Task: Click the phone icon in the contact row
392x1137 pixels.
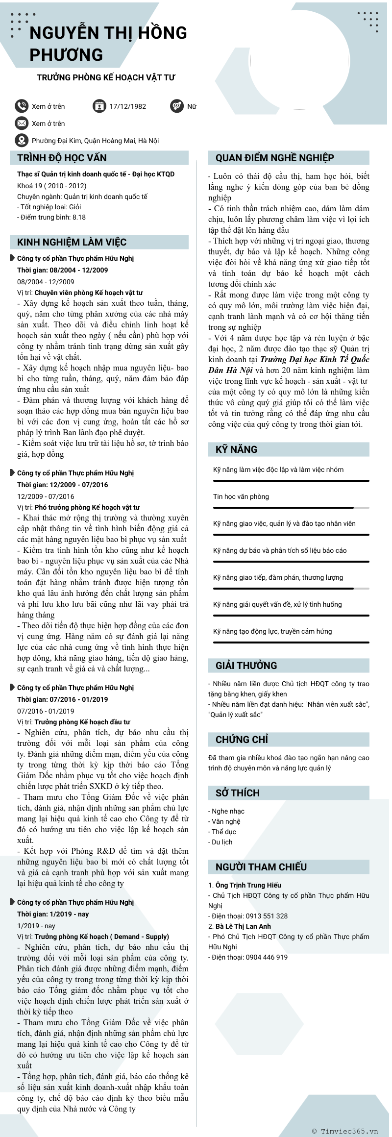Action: pos(22,106)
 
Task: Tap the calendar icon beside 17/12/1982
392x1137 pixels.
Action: pos(99,106)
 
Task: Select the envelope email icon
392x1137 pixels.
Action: pos(22,123)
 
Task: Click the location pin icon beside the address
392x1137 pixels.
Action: pos(22,141)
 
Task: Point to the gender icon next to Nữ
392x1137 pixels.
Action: pos(177,106)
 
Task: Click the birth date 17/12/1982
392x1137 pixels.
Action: pos(127,106)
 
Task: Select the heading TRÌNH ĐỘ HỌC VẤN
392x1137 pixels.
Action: pos(62,158)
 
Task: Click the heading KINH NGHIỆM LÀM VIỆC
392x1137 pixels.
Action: pos(72,242)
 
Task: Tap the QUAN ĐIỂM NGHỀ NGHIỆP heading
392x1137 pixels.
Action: pos(274,158)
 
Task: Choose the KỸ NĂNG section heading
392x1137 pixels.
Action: pos(236,449)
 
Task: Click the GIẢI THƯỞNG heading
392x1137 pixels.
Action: pos(246,666)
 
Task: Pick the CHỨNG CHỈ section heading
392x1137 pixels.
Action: pos(242,740)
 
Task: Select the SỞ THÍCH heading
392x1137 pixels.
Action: pos(237,793)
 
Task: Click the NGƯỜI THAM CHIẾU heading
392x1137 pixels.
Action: pos(261,867)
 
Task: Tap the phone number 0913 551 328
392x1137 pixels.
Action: pos(267,916)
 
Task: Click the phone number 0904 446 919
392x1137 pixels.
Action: pos(267,957)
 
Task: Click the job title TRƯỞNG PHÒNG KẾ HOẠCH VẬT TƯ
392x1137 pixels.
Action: pos(106,77)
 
